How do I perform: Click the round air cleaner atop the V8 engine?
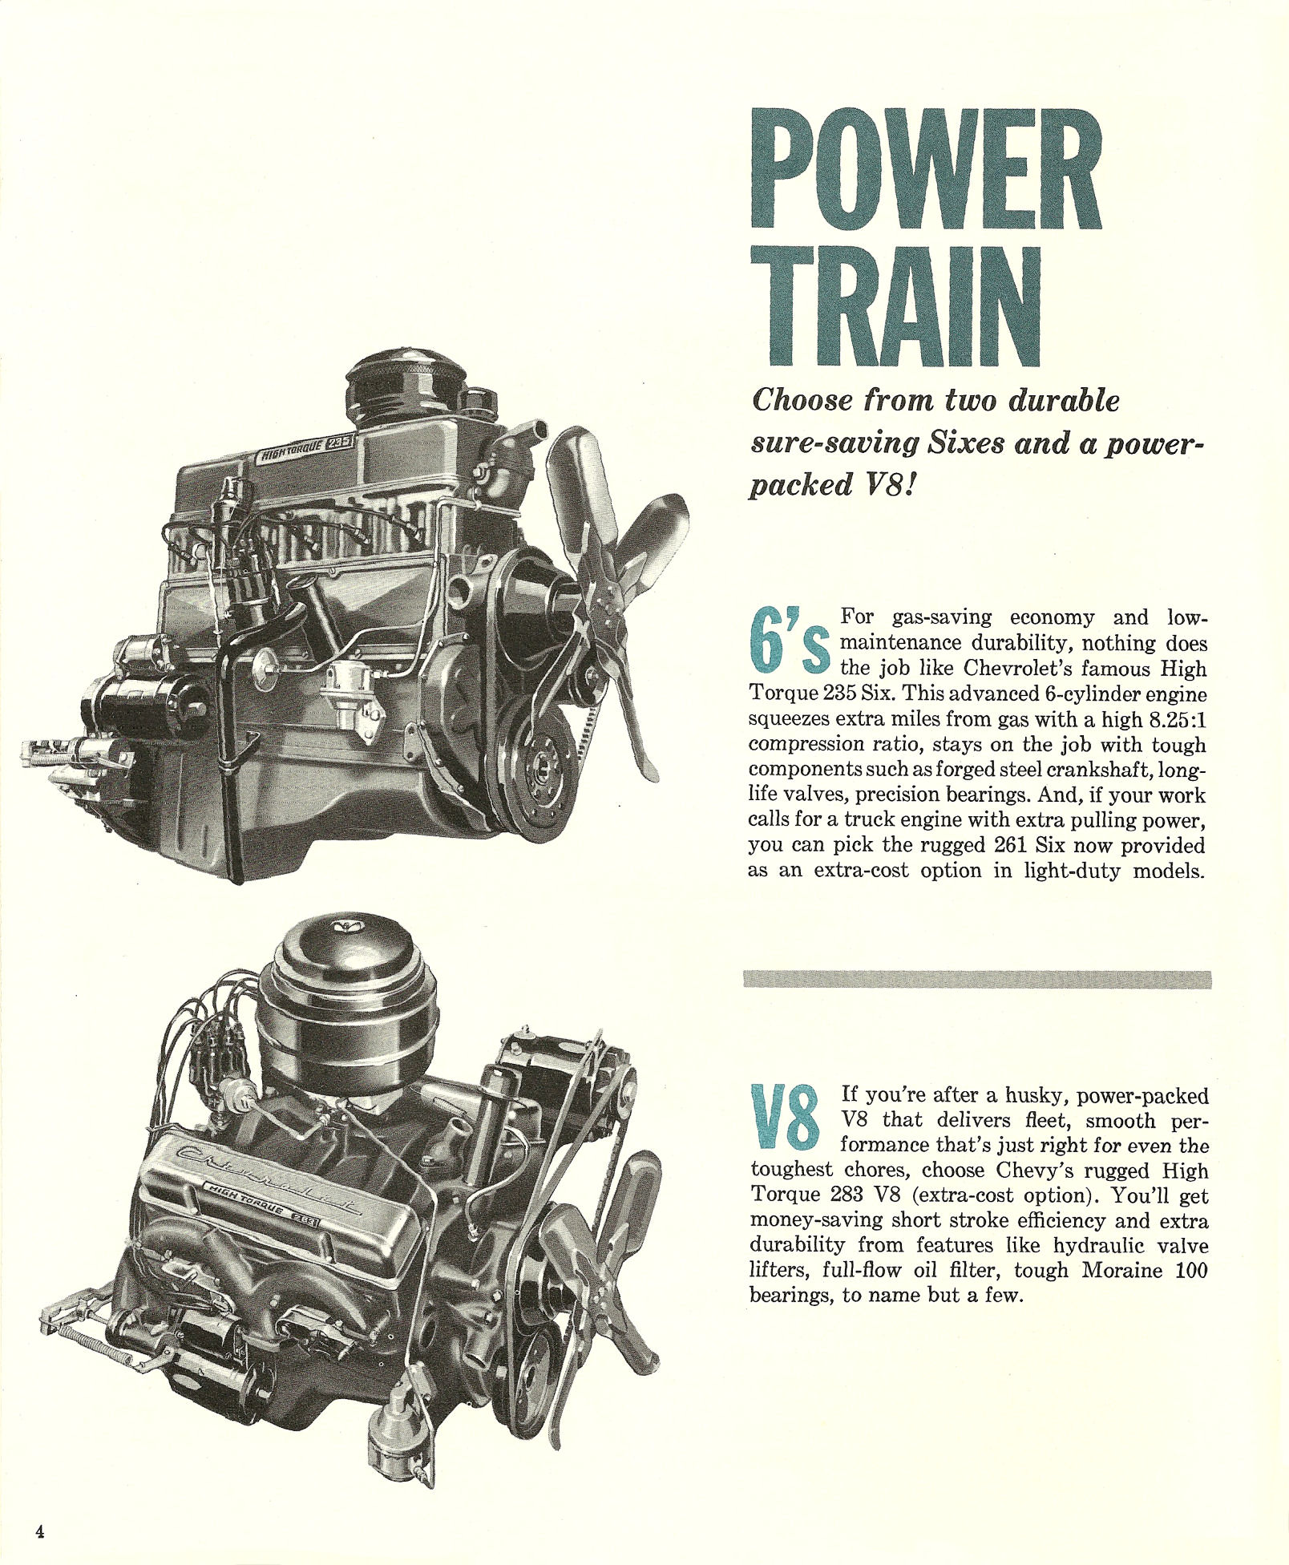point(346,1007)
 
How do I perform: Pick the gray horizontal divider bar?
point(977,979)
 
